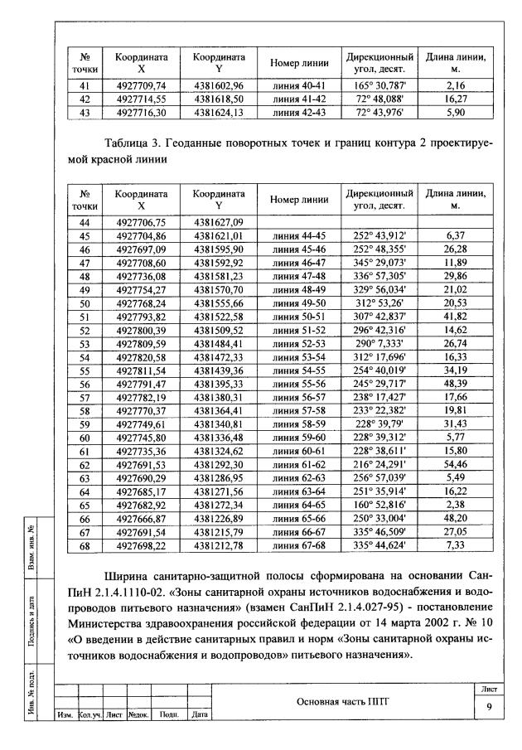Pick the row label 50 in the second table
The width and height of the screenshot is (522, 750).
pyautogui.click(x=84, y=304)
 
